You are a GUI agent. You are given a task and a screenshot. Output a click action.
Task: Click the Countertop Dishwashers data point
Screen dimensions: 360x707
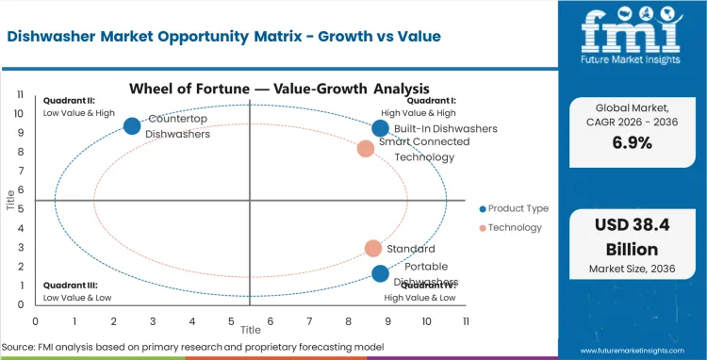[132, 125]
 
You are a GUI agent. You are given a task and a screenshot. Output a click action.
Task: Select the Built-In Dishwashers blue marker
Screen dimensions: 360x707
[380, 128]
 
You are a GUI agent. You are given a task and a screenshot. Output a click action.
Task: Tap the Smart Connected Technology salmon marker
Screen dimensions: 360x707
[366, 148]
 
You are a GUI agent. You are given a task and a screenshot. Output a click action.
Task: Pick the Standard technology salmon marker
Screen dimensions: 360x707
[373, 249]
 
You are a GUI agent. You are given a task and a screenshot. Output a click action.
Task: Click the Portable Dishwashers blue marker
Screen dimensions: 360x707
[380, 273]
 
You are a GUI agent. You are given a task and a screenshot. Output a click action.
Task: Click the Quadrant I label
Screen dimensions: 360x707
[431, 101]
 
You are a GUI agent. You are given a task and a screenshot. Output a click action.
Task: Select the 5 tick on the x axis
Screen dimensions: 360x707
[231, 319]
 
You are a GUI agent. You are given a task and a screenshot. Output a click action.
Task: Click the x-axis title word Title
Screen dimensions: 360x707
[250, 331]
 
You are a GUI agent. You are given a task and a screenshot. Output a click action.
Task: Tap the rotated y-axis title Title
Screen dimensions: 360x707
[11, 199]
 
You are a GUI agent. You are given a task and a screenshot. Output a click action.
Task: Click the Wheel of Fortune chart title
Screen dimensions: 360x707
[249, 90]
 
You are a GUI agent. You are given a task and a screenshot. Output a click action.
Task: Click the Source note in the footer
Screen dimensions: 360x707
[193, 348]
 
